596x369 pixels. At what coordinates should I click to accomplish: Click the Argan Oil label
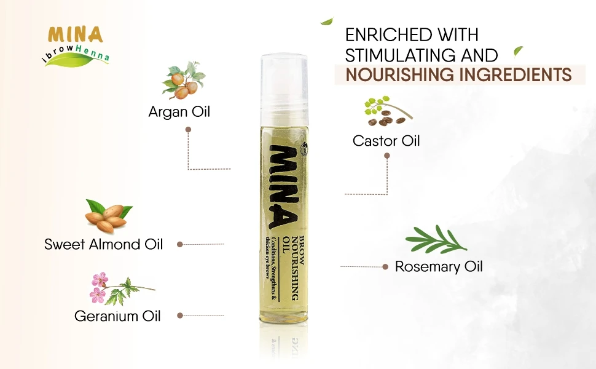[179, 112]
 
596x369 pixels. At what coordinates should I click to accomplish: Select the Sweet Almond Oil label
[104, 244]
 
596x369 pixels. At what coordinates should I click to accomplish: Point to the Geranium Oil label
[117, 316]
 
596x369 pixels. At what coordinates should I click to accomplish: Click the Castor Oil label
[386, 141]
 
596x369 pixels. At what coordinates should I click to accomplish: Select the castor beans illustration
[386, 109]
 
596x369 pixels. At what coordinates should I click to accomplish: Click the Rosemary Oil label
[439, 267]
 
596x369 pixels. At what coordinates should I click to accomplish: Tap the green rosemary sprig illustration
[436, 240]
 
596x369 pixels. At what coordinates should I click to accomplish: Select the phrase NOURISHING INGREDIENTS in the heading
[458, 75]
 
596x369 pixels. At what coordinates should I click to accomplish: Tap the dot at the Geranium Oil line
[180, 315]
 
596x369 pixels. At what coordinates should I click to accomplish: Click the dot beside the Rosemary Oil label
[385, 267]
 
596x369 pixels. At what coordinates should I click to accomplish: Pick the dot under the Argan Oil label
[188, 130]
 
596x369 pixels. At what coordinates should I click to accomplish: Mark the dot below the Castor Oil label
[386, 156]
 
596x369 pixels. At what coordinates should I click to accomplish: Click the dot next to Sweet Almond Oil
[180, 244]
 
